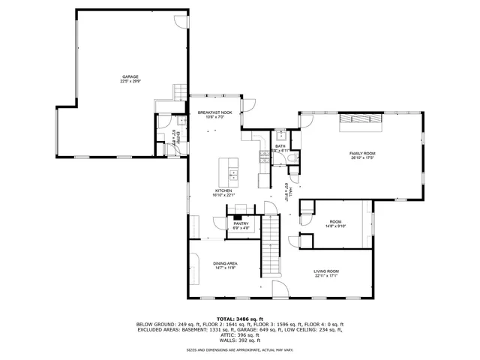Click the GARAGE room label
pyautogui.click(x=130, y=76)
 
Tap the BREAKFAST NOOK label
pyautogui.click(x=215, y=112)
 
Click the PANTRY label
pyautogui.click(x=241, y=223)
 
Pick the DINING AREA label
pyautogui.click(x=225, y=263)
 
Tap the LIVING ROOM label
pyautogui.click(x=326, y=271)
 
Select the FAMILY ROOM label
pyautogui.click(x=362, y=153)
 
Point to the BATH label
pyautogui.click(x=280, y=146)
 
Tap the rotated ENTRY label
pyautogui.click(x=173, y=137)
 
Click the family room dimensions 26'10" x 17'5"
pyautogui.click(x=362, y=158)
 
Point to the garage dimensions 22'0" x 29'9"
pyautogui.click(x=130, y=82)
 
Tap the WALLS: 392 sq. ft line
pyautogui.click(x=239, y=340)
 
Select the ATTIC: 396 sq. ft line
pyautogui.click(x=239, y=334)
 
